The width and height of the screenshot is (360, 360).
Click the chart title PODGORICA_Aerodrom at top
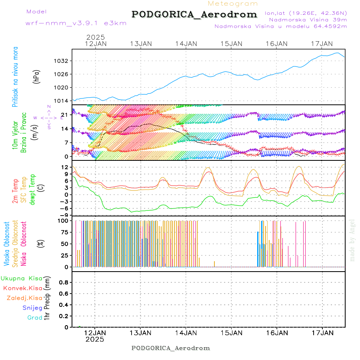(194, 14)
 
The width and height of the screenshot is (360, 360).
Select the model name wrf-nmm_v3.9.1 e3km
(76, 23)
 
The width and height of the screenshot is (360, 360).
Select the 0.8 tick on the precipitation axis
(64, 282)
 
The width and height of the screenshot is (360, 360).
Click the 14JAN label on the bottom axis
(186, 332)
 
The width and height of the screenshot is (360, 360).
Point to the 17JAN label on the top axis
(322, 43)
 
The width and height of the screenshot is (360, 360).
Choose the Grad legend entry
(35, 318)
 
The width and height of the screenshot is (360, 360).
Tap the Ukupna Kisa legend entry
(22, 278)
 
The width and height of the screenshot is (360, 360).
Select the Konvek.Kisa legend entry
(23, 288)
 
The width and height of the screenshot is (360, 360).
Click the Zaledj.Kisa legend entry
(24, 298)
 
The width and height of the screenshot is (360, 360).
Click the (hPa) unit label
(36, 76)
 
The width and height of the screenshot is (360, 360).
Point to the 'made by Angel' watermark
(352, 240)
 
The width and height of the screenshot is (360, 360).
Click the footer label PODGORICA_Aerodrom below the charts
(171, 348)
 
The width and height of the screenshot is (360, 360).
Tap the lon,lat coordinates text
(306, 13)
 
